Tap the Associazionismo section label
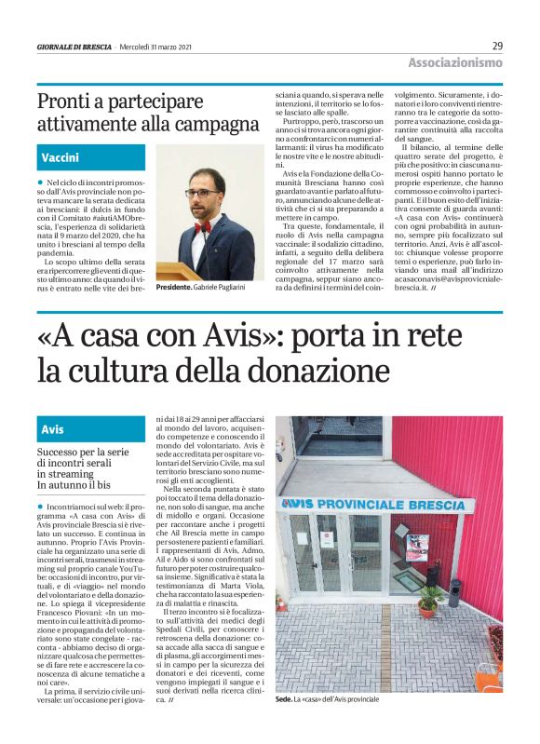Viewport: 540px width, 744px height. point(454,62)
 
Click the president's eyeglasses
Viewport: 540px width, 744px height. point(202,193)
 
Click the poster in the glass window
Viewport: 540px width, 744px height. point(417,547)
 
